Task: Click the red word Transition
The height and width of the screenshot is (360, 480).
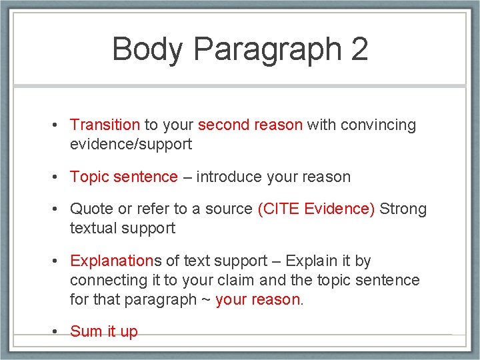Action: (x=105, y=125)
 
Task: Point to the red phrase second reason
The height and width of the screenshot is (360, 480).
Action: (x=250, y=125)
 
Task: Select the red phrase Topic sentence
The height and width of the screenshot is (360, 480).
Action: (x=124, y=177)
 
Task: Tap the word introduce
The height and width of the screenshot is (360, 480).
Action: (x=229, y=177)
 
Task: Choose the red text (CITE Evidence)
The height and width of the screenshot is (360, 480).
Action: (x=316, y=209)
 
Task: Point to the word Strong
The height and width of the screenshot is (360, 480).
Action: (x=403, y=209)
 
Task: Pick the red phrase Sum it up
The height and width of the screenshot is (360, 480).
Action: (x=103, y=332)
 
